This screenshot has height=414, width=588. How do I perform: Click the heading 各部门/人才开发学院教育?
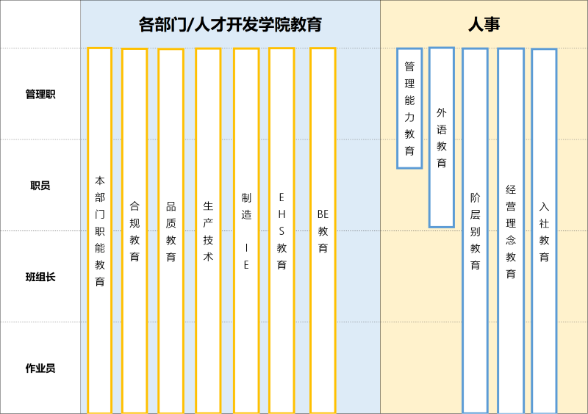(230, 24)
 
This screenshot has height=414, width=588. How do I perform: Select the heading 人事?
(484, 24)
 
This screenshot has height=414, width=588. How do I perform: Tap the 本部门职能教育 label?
(100, 230)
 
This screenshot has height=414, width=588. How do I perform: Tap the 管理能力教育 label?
(409, 108)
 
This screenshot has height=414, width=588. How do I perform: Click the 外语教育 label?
(441, 137)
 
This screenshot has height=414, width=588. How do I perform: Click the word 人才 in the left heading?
(214, 24)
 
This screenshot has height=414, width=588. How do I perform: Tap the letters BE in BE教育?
(323, 214)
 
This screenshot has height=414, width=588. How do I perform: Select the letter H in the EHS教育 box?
(282, 214)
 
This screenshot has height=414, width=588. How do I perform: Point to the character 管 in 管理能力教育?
(409, 67)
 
